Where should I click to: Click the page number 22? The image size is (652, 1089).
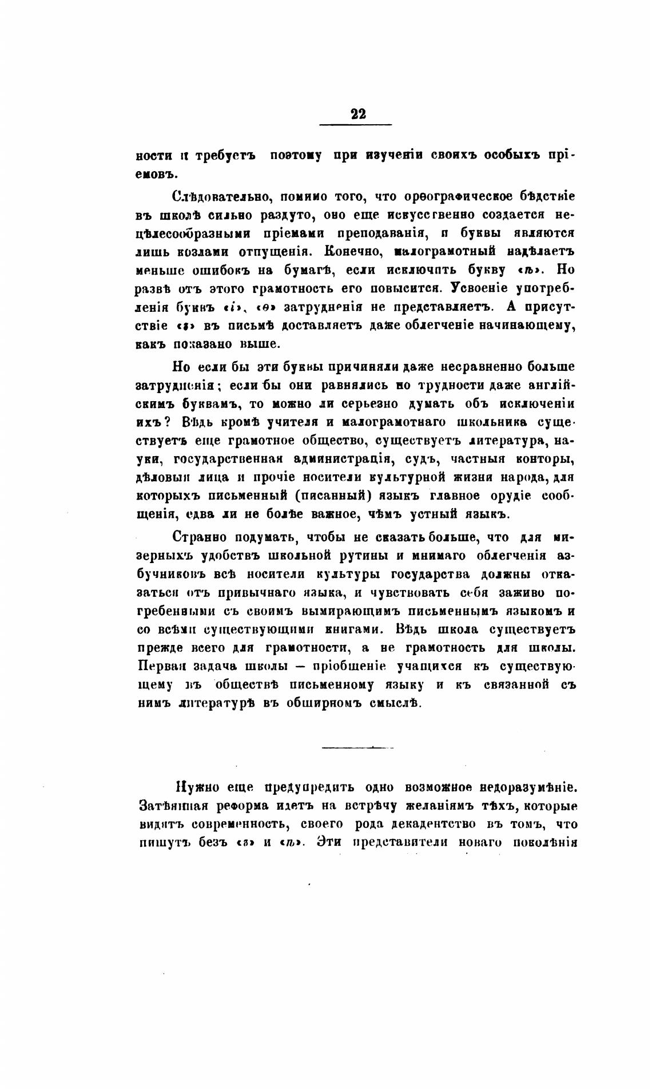point(358,113)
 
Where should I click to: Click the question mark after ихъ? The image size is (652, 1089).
point(172,422)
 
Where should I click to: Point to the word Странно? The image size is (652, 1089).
point(200,537)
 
